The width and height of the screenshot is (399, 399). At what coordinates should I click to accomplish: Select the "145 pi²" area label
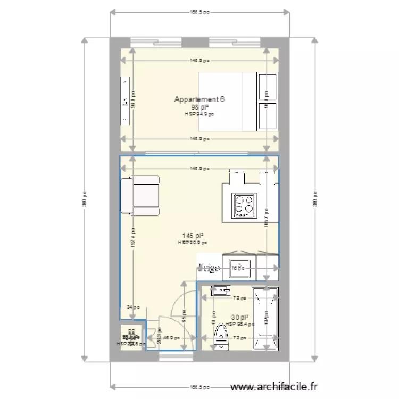[x=193, y=236]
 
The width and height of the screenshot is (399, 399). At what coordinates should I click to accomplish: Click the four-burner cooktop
[x=244, y=205]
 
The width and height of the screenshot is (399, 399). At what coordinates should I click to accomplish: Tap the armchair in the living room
[x=140, y=195]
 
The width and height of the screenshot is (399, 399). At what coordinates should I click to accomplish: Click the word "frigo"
[x=208, y=269]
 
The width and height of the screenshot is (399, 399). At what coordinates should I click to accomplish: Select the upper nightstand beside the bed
[x=267, y=86]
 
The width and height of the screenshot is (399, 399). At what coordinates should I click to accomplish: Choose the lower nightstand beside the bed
[x=267, y=116]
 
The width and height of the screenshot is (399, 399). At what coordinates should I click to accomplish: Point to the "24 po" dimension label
[x=133, y=307]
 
